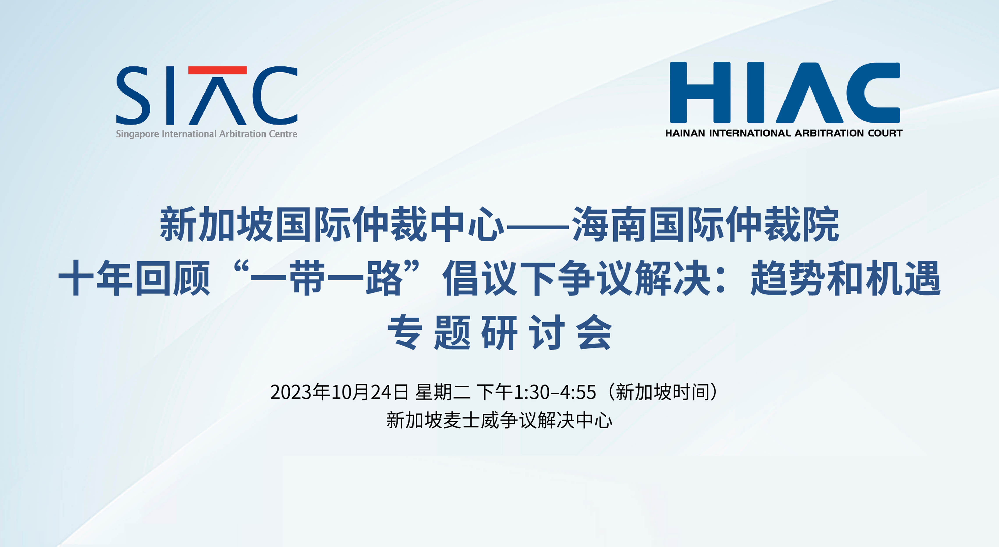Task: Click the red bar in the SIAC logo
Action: (x=218, y=70)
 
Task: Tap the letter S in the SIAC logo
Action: (x=133, y=95)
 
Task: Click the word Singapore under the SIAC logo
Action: (x=138, y=134)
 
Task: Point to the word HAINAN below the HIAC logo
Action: (x=685, y=133)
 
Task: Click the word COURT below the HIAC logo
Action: (x=885, y=133)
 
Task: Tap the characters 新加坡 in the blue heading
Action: (x=216, y=224)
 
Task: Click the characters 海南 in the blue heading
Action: (x=609, y=224)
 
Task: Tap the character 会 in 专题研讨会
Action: (x=594, y=332)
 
